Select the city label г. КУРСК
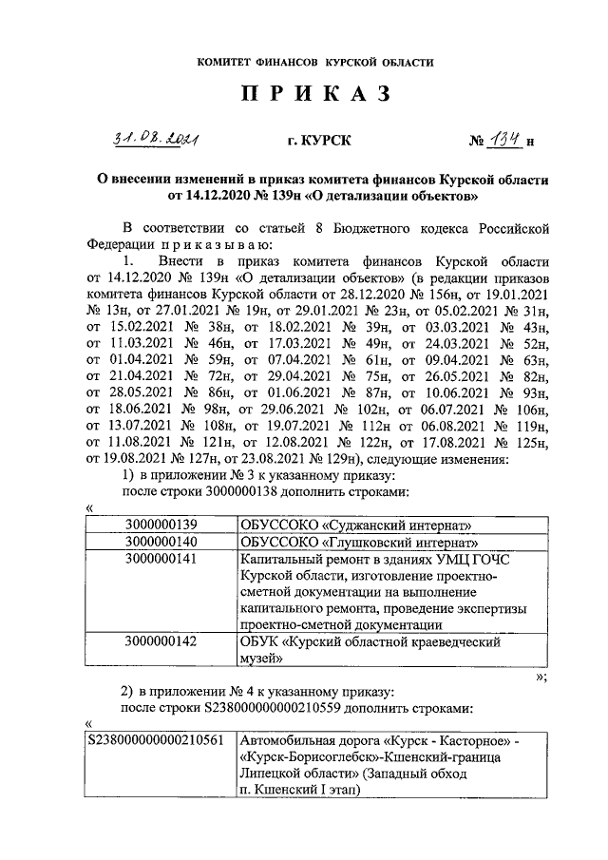[318, 142]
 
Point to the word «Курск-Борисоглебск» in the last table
[304, 757]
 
